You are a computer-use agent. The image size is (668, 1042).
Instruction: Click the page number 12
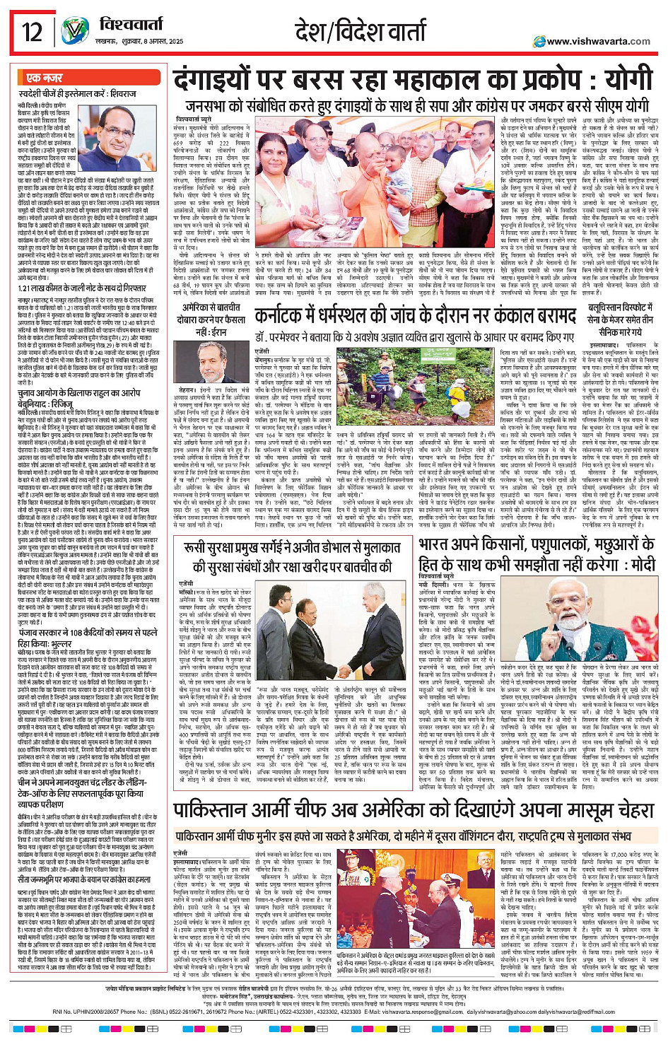click(x=32, y=33)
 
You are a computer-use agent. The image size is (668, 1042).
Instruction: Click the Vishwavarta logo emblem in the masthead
click(x=75, y=32)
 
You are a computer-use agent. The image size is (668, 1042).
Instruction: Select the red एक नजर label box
click(x=44, y=78)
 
